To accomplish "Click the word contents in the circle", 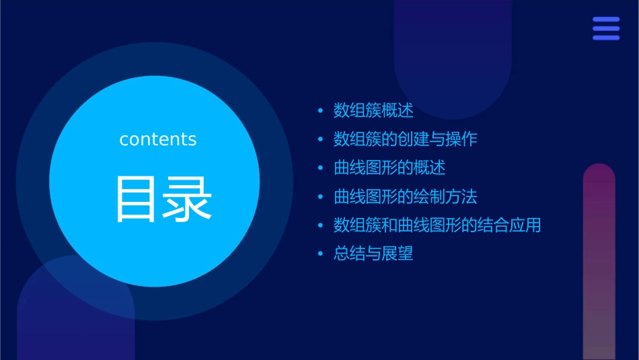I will click(x=157, y=139).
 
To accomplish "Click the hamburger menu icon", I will click(x=606, y=28).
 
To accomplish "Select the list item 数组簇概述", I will click(x=373, y=110).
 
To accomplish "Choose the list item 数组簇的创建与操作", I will click(x=405, y=139).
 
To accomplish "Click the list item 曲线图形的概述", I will click(x=389, y=168).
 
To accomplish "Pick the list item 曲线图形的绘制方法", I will click(x=405, y=197).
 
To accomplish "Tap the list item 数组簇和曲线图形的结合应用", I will click(x=437, y=225).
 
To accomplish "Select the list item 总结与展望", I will click(x=373, y=254).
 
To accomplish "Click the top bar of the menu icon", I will click(x=606, y=20).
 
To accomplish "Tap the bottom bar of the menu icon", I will click(x=606, y=38).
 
